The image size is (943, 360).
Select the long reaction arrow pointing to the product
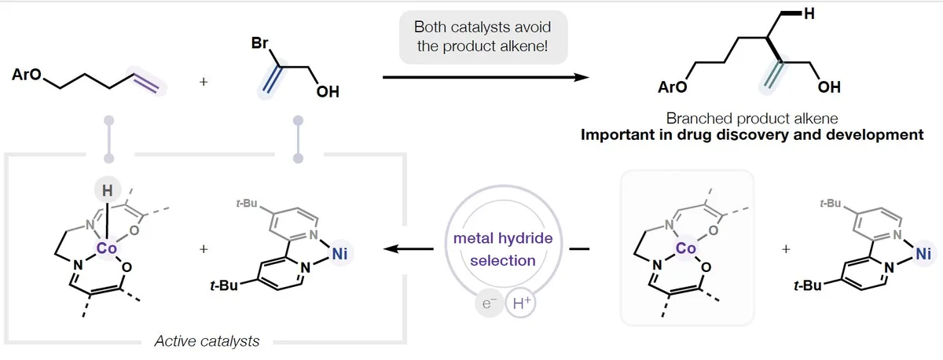485,77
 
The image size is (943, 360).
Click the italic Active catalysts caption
207,341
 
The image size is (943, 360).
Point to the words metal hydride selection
502,249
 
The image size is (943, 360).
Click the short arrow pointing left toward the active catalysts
408,249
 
